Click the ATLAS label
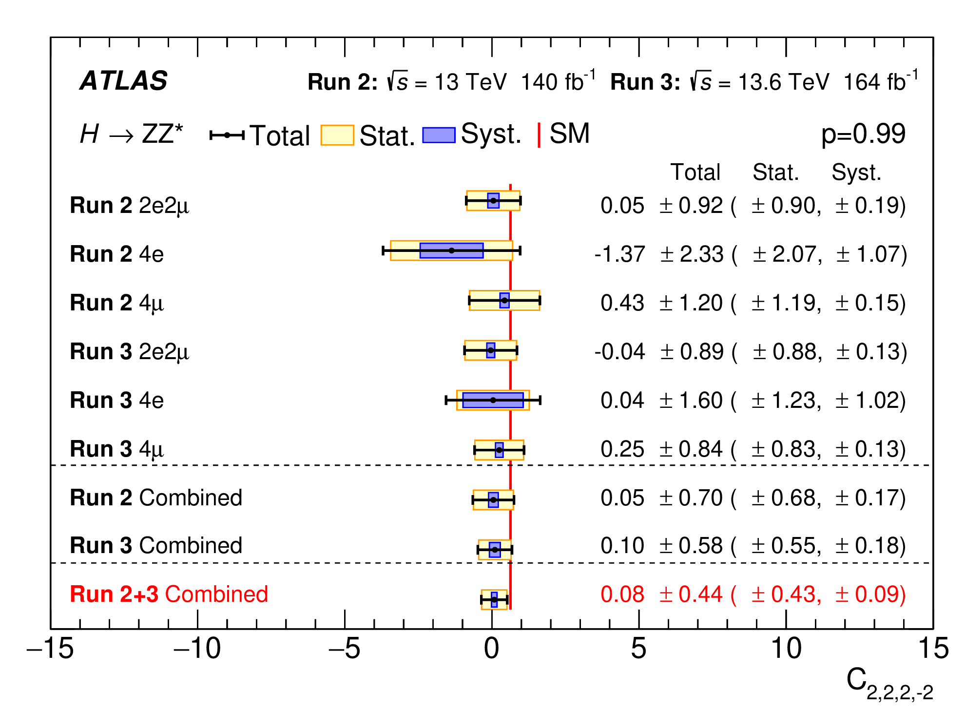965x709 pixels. point(124,81)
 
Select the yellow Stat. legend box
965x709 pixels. point(337,135)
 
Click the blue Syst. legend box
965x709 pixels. point(439,135)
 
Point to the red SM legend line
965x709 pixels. point(539,135)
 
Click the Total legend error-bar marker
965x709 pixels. point(227,135)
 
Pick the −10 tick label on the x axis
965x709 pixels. point(197,649)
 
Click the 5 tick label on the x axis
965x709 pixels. point(638,649)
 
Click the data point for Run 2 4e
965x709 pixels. point(451,250)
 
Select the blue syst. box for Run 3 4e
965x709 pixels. point(493,400)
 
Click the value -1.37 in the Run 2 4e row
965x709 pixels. point(619,254)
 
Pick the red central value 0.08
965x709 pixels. point(622,594)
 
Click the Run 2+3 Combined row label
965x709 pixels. point(169,594)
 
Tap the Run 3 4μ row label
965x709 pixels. point(117,449)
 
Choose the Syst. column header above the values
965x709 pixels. point(856,172)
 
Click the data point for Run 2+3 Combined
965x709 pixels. point(494,600)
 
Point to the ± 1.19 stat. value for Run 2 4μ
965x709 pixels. point(786,303)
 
